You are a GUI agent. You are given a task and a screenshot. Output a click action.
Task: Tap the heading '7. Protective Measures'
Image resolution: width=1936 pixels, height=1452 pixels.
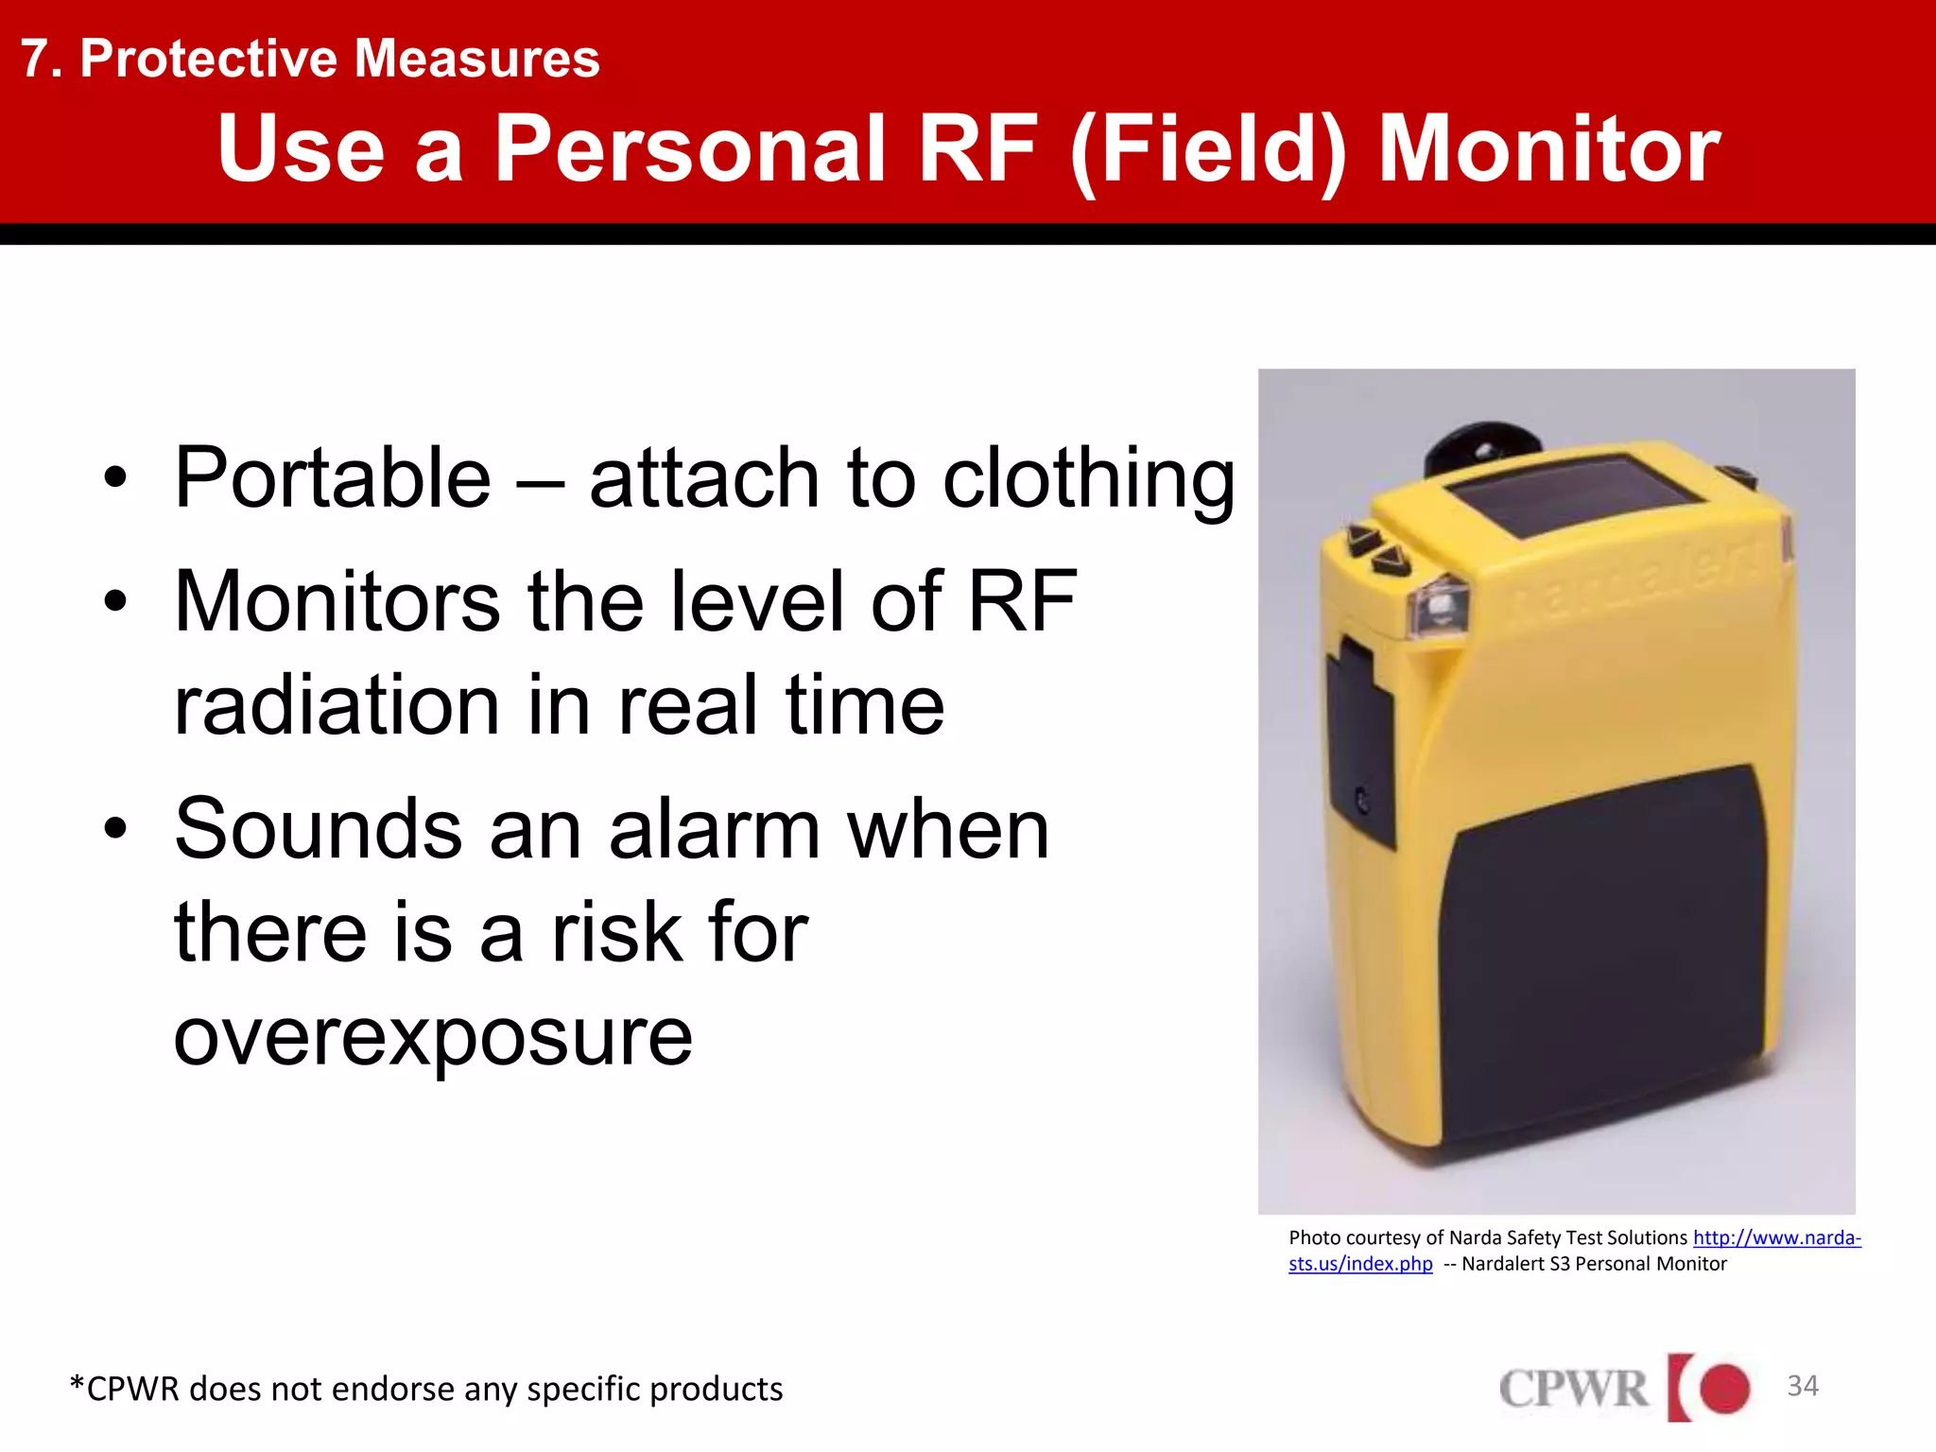pyautogui.click(x=310, y=59)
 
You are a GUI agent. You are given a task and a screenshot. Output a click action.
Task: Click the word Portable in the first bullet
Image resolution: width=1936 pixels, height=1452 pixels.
pyautogui.click(x=333, y=478)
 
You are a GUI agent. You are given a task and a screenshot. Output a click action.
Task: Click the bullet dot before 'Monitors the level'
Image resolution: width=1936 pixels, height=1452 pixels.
pyautogui.click(x=115, y=602)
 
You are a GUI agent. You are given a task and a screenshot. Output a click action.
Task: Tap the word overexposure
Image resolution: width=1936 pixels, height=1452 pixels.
pyautogui.click(x=433, y=1037)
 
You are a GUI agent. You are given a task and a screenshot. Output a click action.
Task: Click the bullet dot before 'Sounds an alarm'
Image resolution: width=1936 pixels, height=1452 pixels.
pyautogui.click(x=115, y=829)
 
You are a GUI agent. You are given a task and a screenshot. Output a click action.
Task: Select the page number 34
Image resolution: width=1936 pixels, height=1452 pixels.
pyautogui.click(x=1802, y=1386)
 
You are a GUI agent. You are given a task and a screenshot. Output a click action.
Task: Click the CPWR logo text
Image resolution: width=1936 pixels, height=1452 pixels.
pyautogui.click(x=1573, y=1390)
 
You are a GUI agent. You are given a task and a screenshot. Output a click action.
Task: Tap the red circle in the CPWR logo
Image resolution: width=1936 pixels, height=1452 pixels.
pyautogui.click(x=1724, y=1389)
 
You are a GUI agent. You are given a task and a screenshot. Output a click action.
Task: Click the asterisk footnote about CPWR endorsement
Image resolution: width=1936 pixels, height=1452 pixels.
pyautogui.click(x=425, y=1389)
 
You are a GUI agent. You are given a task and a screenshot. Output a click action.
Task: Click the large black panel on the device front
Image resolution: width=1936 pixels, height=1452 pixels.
pyautogui.click(x=1598, y=955)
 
